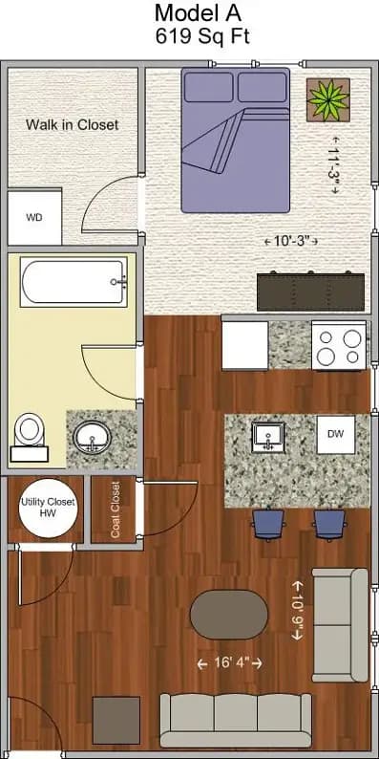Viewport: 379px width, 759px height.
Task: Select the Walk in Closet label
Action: point(72,124)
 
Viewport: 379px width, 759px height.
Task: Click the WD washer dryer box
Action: point(34,217)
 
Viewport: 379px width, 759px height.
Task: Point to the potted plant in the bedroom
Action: point(327,98)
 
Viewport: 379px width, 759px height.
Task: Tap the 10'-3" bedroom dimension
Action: point(290,241)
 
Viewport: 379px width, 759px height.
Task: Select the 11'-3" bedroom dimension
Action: point(334,169)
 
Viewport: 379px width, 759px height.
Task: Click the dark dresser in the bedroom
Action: point(310,289)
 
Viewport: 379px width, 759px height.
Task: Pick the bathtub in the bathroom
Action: point(74,283)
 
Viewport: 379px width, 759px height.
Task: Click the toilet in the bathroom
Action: point(31,435)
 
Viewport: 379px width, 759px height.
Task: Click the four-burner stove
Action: point(339,346)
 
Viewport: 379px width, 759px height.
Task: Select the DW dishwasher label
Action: point(335,434)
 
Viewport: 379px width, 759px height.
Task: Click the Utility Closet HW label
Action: point(48,507)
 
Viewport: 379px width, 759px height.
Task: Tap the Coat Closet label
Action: point(116,510)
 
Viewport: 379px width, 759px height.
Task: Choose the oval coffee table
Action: point(229,614)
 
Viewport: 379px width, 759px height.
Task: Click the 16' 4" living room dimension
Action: point(229,662)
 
